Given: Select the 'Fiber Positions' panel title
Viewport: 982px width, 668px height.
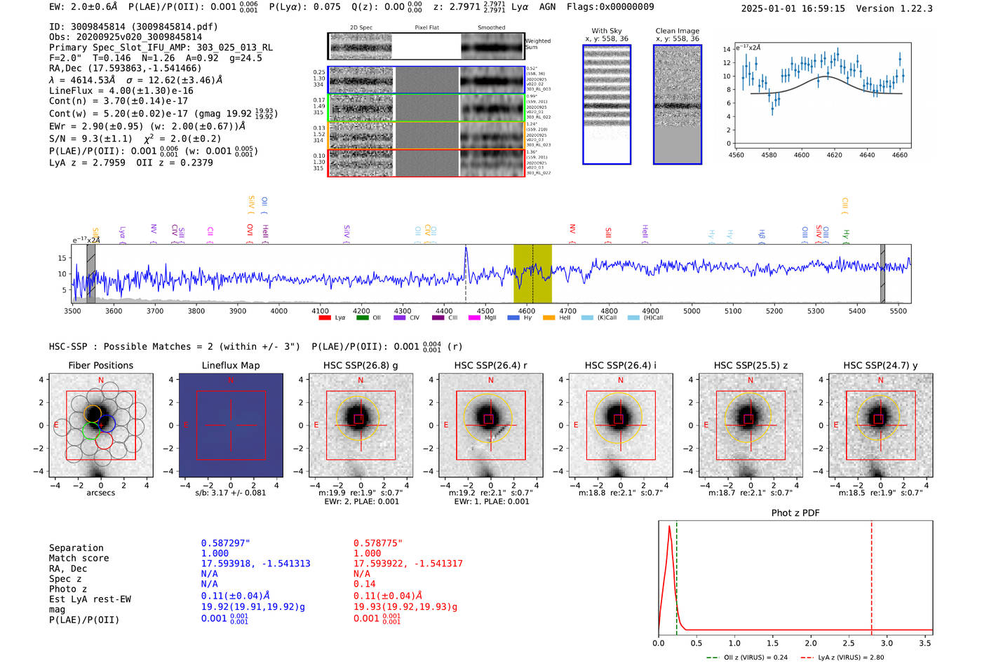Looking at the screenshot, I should coord(100,365).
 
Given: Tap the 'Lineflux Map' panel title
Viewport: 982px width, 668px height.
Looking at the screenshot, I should coord(230,365).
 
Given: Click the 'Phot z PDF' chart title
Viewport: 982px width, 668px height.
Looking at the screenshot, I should coord(795,513).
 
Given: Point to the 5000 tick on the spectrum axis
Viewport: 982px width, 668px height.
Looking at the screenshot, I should coord(692,311).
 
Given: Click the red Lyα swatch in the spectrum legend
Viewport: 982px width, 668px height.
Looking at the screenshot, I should coord(325,318).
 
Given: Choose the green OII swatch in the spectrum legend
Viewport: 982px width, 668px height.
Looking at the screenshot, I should coord(362,318).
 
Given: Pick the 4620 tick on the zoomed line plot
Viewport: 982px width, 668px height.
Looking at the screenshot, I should coord(834,155).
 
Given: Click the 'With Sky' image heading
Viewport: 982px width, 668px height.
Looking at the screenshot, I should coord(607,31).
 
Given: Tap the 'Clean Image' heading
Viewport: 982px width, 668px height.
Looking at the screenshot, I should coord(677,31).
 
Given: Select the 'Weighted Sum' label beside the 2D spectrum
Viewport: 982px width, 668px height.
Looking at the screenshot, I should coord(538,44).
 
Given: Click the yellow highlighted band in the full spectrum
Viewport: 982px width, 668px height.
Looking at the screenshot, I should coord(532,273).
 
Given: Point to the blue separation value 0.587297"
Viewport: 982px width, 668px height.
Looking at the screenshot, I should coord(225,543).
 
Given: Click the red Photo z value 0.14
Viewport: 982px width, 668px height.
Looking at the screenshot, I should coord(364,584).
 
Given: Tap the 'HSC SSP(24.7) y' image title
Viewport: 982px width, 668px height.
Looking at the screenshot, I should coord(880,365).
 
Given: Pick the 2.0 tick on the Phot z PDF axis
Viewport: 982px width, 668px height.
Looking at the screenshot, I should coord(810,643).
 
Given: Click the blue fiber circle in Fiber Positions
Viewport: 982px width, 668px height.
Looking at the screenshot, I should coord(107,423).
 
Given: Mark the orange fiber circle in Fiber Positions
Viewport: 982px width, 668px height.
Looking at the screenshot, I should coord(93,414).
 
